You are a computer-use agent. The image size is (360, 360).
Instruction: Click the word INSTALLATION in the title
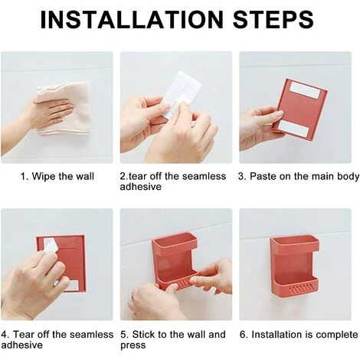coord(132,19)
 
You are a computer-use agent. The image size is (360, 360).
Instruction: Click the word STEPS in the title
coord(273,19)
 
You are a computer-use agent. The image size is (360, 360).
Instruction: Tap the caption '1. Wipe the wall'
coord(57,176)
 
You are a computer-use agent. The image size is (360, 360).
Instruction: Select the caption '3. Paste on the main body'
coord(299,176)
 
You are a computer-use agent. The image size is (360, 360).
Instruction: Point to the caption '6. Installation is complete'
coord(299,335)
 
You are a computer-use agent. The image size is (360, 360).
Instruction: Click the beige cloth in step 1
coord(64,109)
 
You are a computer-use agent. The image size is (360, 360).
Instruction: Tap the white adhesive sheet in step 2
coord(181,94)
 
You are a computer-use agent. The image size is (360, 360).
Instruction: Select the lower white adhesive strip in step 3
coord(294,129)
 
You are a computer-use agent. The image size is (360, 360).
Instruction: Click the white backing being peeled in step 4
coord(51,246)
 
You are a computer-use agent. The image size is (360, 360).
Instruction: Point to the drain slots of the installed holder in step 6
coord(302,290)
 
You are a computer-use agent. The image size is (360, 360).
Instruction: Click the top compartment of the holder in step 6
coord(295,244)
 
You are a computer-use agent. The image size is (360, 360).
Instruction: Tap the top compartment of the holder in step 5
coord(175,242)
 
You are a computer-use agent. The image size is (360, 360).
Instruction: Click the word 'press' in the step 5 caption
coord(133,345)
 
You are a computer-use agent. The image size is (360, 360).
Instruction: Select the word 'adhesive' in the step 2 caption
coord(141,187)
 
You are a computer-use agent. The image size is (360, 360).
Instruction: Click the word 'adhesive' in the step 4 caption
coord(22,345)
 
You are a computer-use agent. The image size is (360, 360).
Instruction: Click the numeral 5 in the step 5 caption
coord(123,335)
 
